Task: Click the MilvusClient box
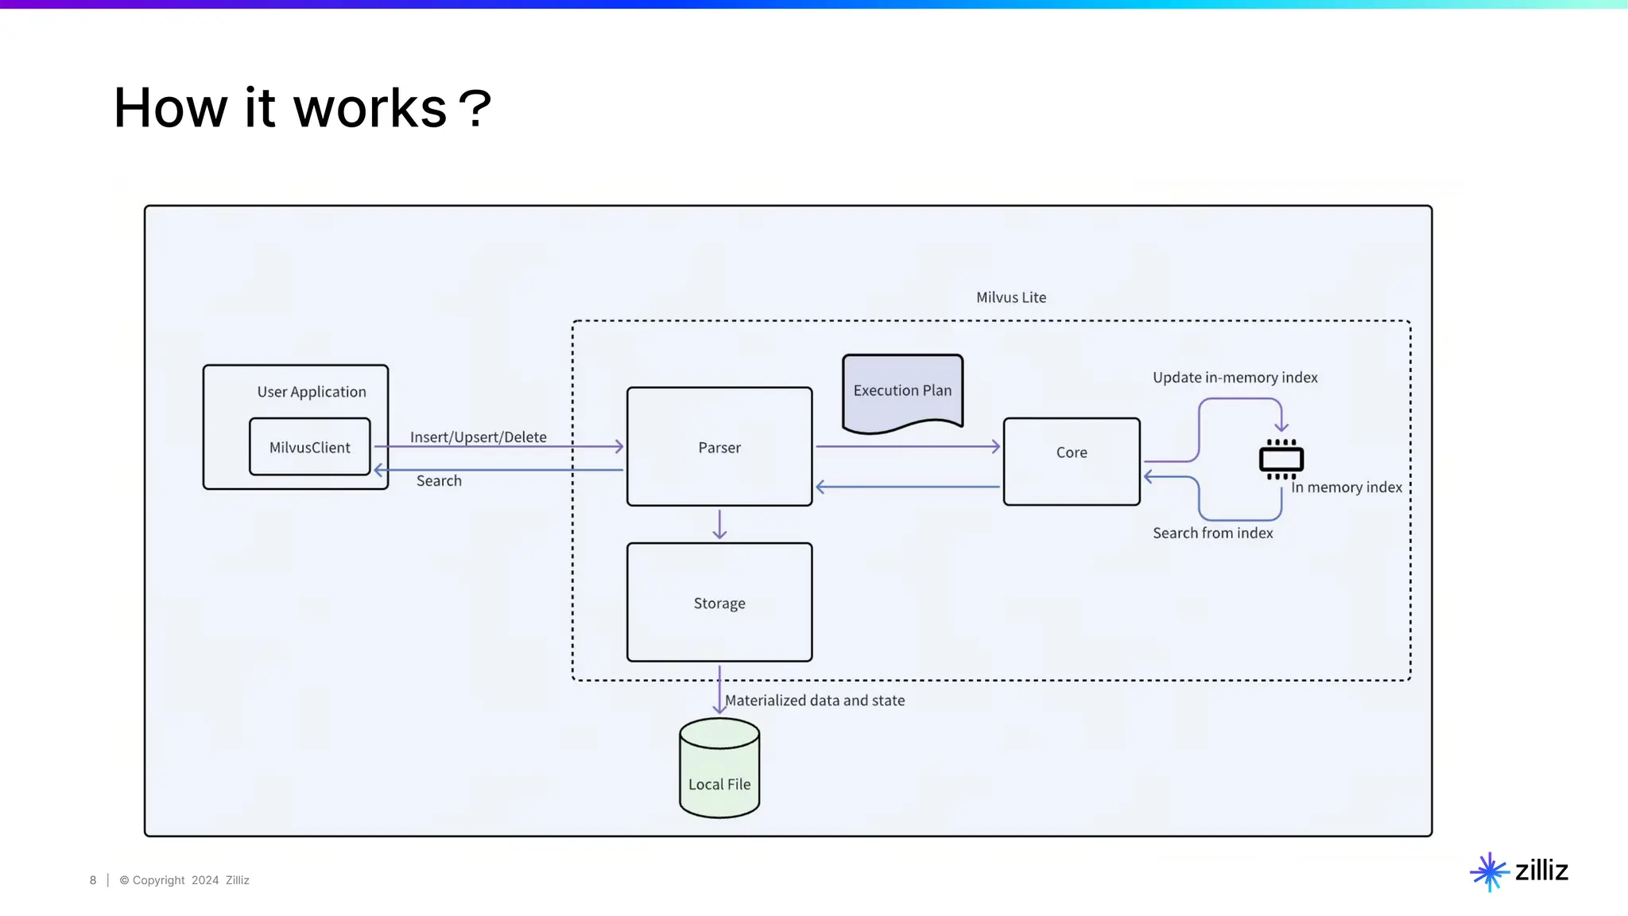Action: (x=309, y=447)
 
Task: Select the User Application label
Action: (x=312, y=391)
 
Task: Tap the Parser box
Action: (x=719, y=447)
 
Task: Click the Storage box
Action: (x=719, y=603)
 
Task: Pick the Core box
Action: (x=1071, y=461)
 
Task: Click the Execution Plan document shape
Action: (x=902, y=390)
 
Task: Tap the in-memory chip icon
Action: (x=1281, y=459)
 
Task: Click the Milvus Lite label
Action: (x=1011, y=297)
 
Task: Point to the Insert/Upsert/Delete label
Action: (x=478, y=437)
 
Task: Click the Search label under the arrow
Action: (x=439, y=480)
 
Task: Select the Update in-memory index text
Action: (x=1235, y=377)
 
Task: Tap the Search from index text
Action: (x=1212, y=533)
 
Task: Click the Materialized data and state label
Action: (x=815, y=700)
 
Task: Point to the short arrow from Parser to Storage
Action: (x=719, y=524)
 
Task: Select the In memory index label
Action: (x=1346, y=487)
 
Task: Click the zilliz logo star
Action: (x=1489, y=871)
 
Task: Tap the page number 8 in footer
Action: (x=93, y=880)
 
